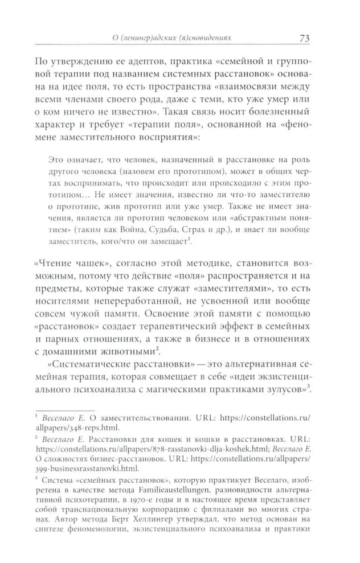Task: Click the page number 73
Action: click(303, 39)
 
